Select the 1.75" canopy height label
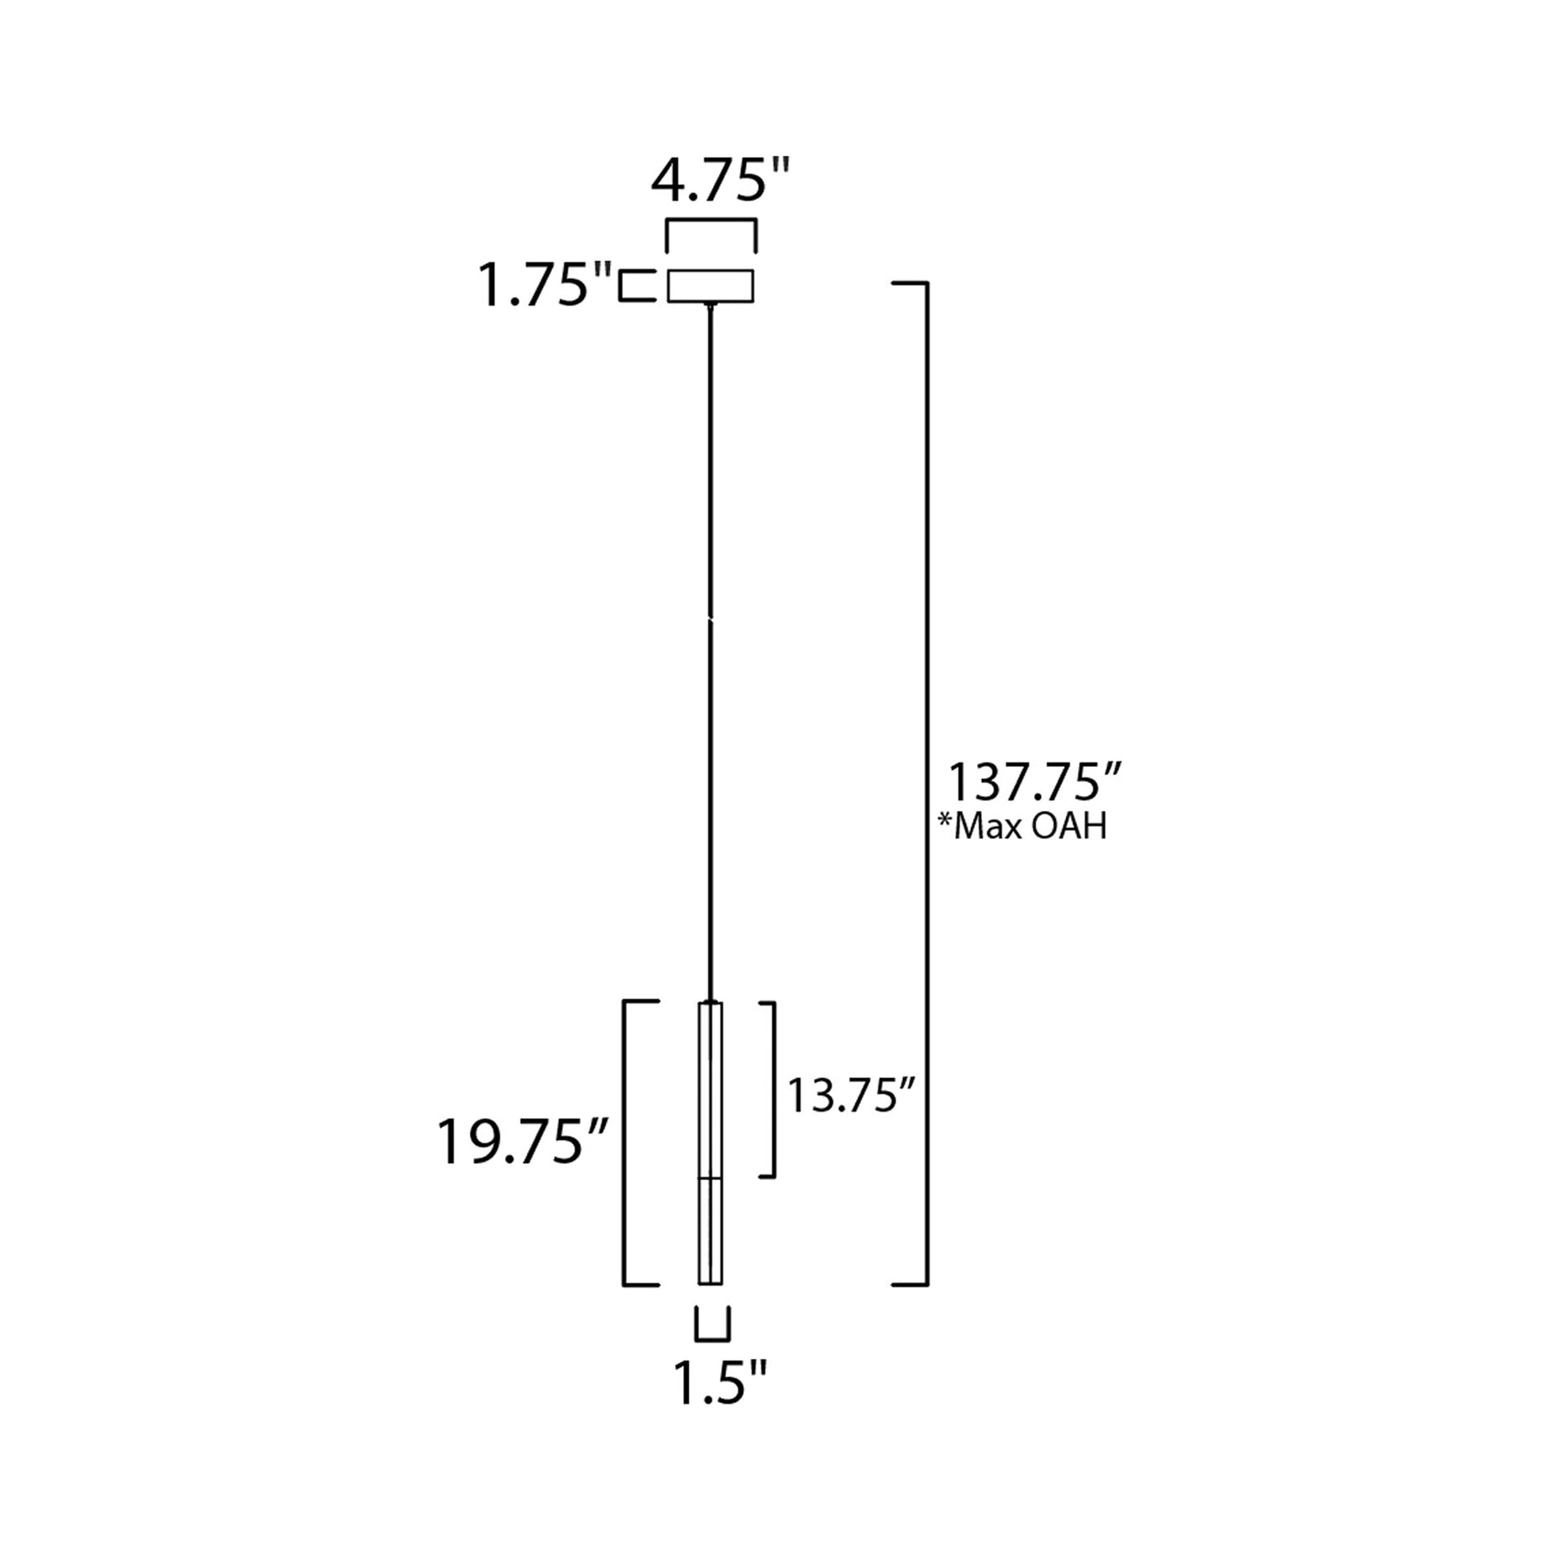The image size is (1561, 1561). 546,286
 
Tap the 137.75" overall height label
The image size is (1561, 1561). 1035,782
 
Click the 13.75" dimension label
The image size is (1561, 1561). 851,1097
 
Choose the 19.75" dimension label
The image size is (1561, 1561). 523,1141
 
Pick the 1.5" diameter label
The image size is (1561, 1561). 719,1383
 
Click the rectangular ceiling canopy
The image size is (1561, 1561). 710,286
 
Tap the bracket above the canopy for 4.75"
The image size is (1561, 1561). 710,221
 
